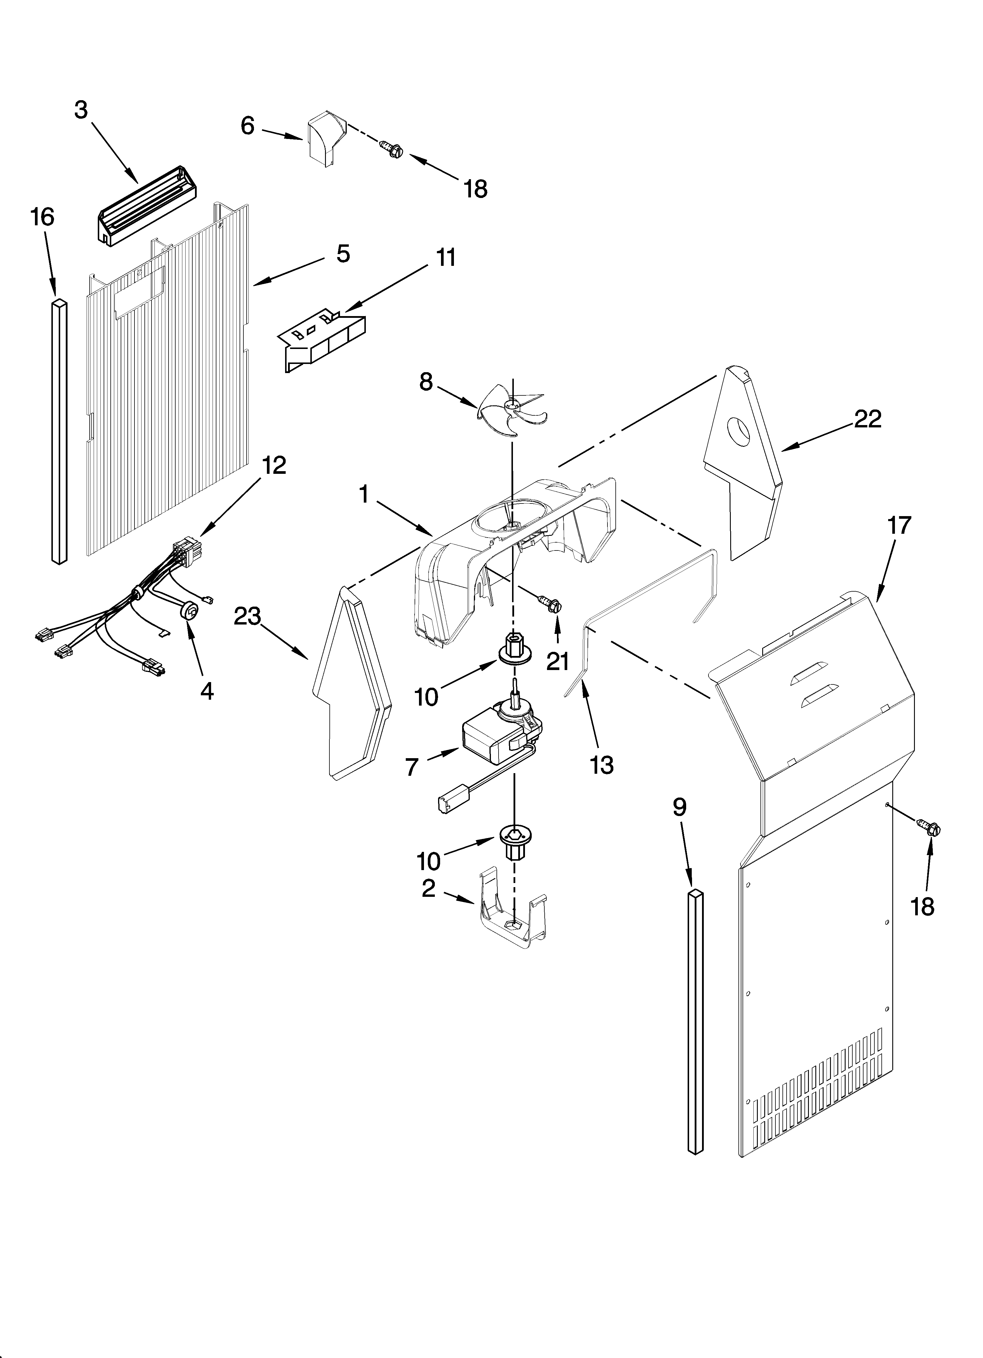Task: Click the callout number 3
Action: click(x=81, y=110)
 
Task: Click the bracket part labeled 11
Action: click(x=323, y=338)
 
